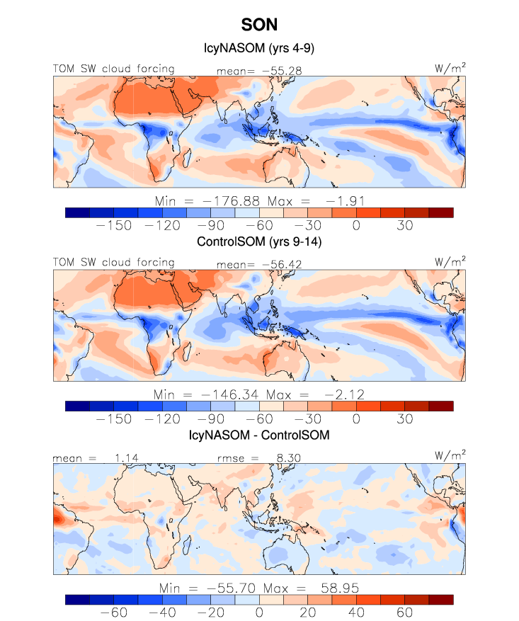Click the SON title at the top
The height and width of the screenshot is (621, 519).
click(x=259, y=25)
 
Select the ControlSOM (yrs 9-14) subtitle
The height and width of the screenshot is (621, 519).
click(x=259, y=242)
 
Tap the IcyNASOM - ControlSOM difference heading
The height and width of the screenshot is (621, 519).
click(x=259, y=434)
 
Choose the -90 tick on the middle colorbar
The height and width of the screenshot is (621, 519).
click(x=210, y=418)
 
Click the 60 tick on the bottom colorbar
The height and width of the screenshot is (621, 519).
click(x=404, y=611)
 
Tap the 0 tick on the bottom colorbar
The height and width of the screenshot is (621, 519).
click(x=259, y=611)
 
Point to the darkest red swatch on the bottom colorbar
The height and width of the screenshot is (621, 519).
click(x=440, y=599)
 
